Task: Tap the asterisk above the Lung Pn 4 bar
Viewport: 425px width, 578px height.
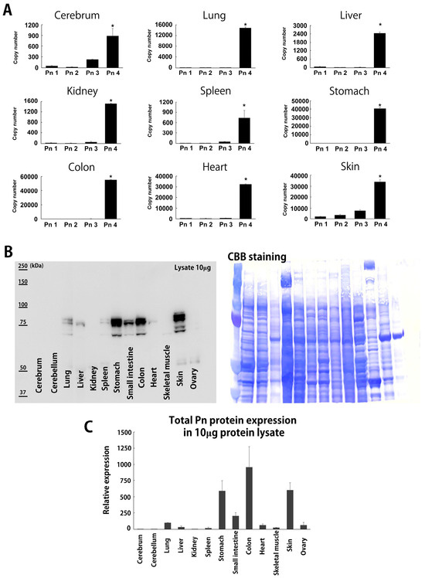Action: (245, 24)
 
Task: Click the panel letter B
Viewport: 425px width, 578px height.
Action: (8, 252)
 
